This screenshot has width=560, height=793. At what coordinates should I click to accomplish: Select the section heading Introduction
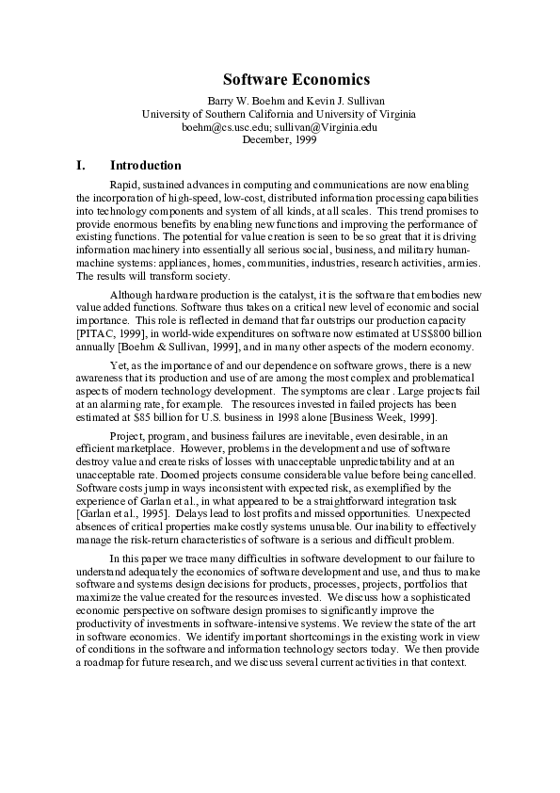pyautogui.click(x=145, y=165)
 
